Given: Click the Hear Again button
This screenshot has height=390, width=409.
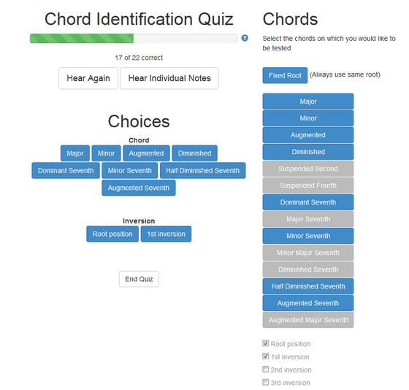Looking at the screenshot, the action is pyautogui.click(x=88, y=78).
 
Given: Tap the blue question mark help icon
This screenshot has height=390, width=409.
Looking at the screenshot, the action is pyautogui.click(x=245, y=38).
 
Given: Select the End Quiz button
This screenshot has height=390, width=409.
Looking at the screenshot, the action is pyautogui.click(x=139, y=279).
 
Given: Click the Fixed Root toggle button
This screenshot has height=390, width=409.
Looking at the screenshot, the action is pyautogui.click(x=285, y=75).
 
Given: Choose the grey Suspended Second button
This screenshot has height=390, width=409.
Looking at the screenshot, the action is pyautogui.click(x=308, y=169).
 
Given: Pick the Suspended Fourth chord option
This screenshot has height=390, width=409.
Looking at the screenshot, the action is pyautogui.click(x=308, y=186).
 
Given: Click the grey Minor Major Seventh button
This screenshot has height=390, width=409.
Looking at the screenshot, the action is pyautogui.click(x=308, y=253).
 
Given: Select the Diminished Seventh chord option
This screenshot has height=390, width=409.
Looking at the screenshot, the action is pyautogui.click(x=308, y=269).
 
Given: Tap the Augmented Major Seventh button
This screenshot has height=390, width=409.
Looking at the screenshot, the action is pyautogui.click(x=308, y=320).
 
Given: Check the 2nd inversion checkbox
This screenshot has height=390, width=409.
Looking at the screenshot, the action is pyautogui.click(x=266, y=369).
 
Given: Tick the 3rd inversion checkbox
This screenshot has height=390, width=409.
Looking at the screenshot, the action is pyautogui.click(x=266, y=382).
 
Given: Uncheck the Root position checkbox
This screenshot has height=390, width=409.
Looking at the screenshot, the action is pyautogui.click(x=266, y=343).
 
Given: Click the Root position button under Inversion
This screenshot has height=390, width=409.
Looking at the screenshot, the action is pyautogui.click(x=112, y=234).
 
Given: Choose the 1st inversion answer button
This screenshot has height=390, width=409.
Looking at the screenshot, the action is pyautogui.click(x=166, y=234).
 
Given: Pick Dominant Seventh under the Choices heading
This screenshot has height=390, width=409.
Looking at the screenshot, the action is pyautogui.click(x=66, y=171).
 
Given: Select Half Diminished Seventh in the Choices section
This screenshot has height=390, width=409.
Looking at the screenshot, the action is pyautogui.click(x=203, y=171).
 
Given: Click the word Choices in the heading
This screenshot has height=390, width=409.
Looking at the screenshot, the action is pyautogui.click(x=139, y=121).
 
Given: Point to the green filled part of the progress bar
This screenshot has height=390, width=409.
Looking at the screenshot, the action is pyautogui.click(x=82, y=39).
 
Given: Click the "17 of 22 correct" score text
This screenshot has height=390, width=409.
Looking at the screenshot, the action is pyautogui.click(x=139, y=58).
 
